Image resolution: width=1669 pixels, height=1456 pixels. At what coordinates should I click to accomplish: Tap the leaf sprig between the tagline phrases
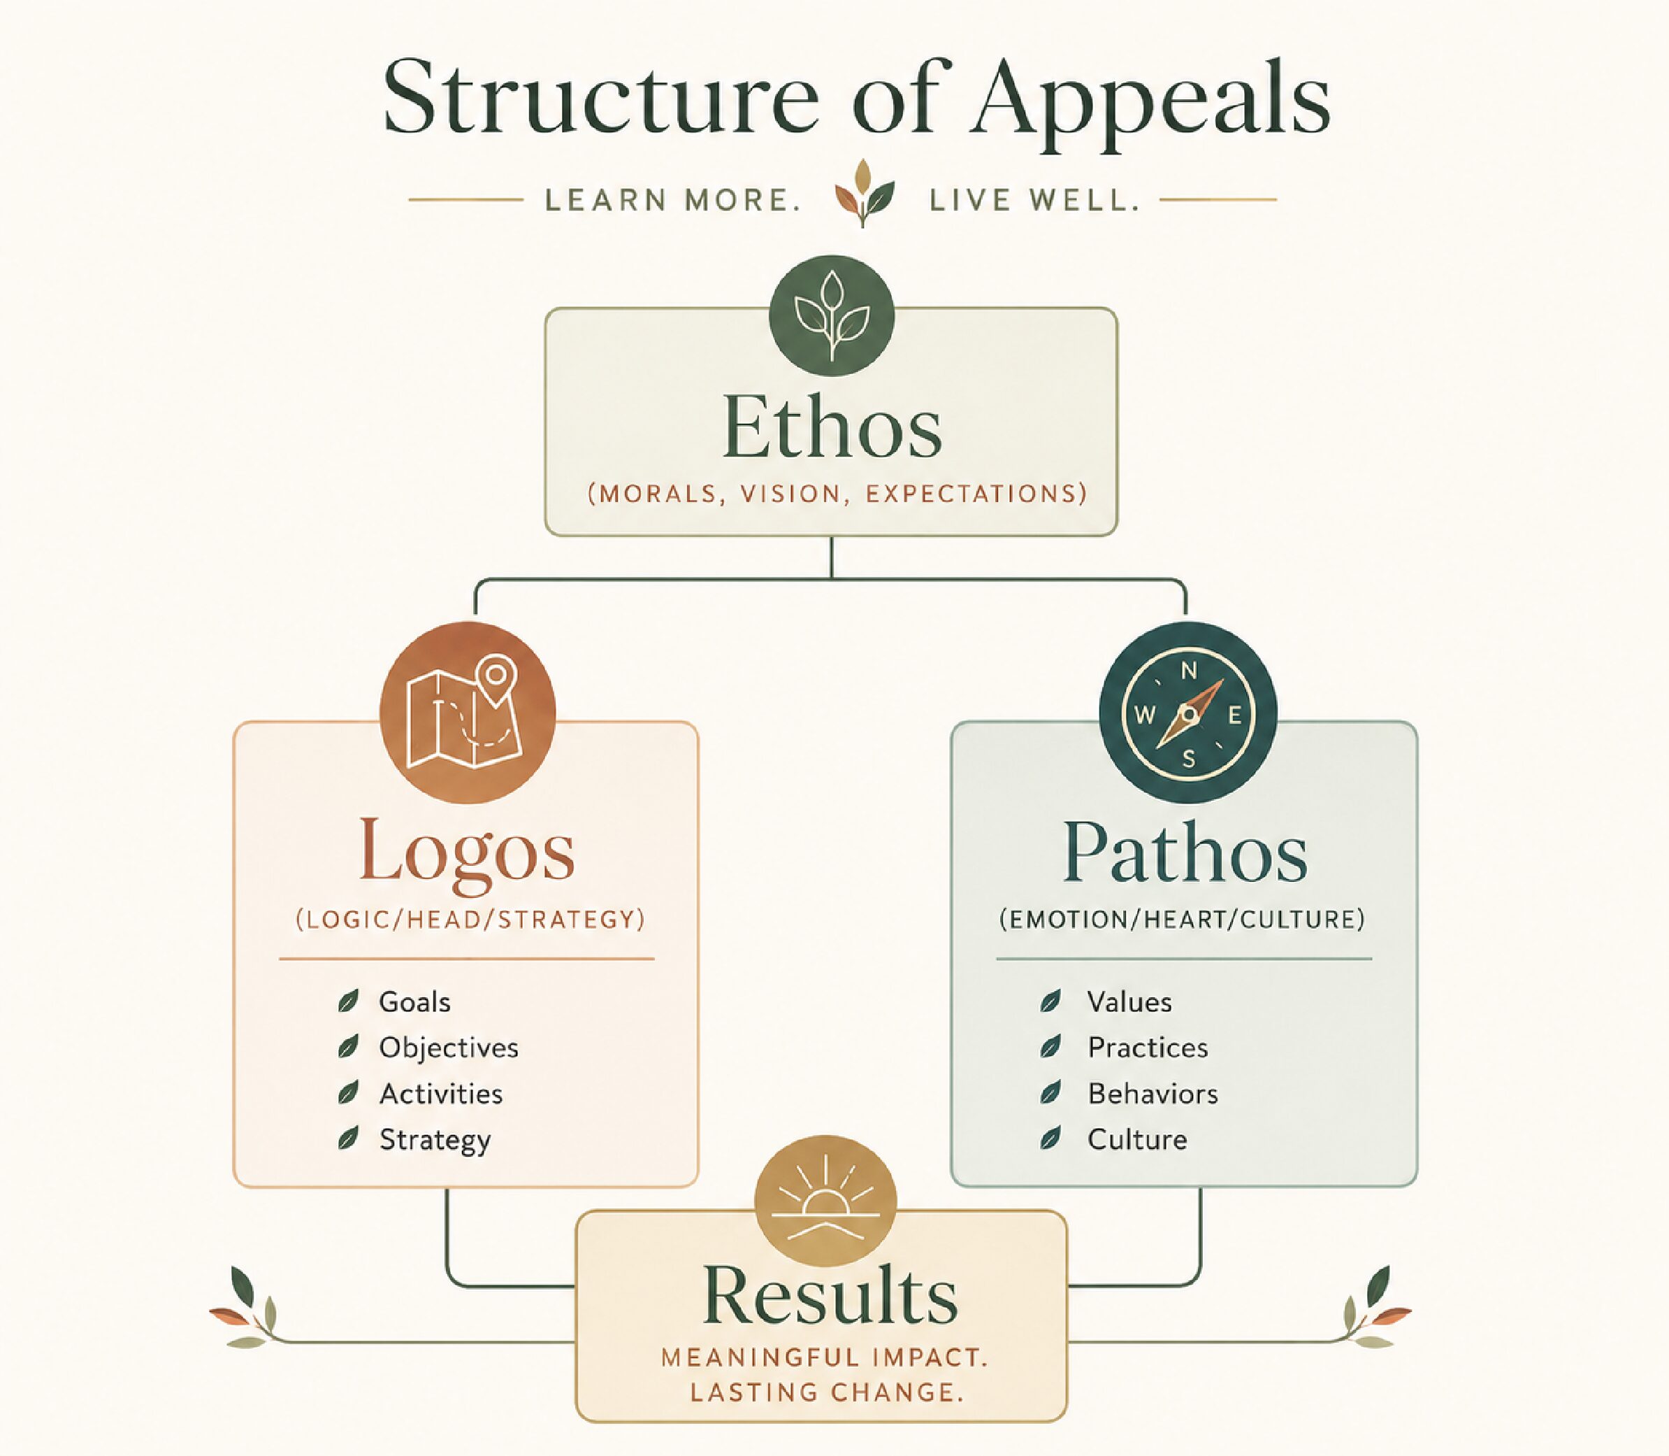coord(864,194)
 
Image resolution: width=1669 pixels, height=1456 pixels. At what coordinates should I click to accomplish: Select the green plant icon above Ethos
coord(832,316)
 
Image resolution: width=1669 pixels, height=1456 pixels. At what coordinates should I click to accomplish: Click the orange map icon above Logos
coord(468,712)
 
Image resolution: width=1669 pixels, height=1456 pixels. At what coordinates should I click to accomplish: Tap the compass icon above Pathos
coord(1188,713)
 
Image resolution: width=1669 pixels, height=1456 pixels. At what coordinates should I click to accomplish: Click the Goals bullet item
coord(414,1002)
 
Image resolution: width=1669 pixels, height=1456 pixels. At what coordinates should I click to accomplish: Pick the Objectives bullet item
coord(448,1048)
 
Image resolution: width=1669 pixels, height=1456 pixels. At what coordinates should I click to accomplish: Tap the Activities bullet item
coord(441,1094)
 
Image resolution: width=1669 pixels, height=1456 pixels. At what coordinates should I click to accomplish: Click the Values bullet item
coord(1129,1002)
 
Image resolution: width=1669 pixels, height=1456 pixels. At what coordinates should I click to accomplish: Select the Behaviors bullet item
coord(1153,1094)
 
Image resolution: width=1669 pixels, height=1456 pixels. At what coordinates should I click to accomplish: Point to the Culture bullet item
coord(1138,1139)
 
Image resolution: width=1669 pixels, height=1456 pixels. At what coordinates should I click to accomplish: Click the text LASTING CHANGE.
coord(827,1392)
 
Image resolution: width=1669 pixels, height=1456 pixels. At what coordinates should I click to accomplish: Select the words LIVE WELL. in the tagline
coord(1034,200)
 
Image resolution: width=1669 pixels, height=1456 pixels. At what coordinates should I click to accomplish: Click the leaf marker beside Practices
coord(1050,1048)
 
